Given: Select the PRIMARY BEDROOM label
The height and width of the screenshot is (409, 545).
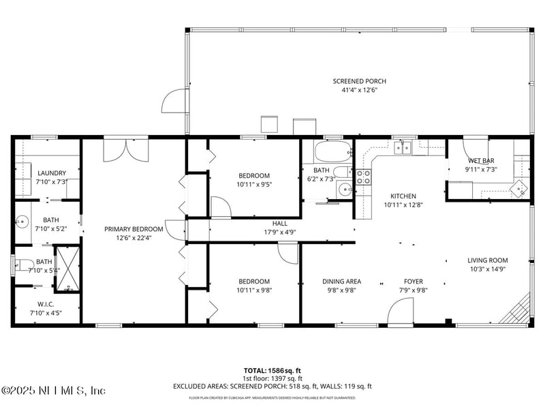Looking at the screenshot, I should [x=134, y=229].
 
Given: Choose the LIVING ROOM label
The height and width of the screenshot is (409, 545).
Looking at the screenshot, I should [x=487, y=260].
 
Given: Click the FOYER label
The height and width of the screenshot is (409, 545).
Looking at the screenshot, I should [x=413, y=282].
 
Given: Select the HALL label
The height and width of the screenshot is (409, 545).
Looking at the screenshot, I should [x=279, y=223].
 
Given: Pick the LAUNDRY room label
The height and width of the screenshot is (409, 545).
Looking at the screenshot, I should [x=51, y=173].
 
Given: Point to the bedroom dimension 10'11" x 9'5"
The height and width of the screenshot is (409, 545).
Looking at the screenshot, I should [x=253, y=184].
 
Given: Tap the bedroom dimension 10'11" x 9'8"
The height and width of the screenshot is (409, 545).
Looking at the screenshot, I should [x=253, y=290].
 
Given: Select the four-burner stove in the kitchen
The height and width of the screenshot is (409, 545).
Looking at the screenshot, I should [x=364, y=177].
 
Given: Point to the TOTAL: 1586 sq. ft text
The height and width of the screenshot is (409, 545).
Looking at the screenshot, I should [x=272, y=370].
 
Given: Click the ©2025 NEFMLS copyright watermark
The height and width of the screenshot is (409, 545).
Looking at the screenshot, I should [x=53, y=391].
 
